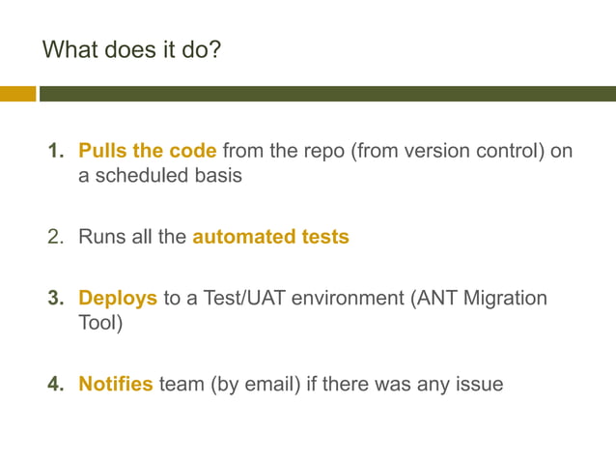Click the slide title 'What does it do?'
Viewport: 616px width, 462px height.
131,48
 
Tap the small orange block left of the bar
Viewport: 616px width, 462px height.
17,94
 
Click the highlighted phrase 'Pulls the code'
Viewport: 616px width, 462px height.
147,152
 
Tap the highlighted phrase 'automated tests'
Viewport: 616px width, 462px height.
270,236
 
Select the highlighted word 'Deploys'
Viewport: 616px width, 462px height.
118,299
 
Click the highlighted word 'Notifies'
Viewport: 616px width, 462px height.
116,384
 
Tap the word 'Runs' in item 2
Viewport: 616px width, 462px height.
101,236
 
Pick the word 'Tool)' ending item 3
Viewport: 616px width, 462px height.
100,324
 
